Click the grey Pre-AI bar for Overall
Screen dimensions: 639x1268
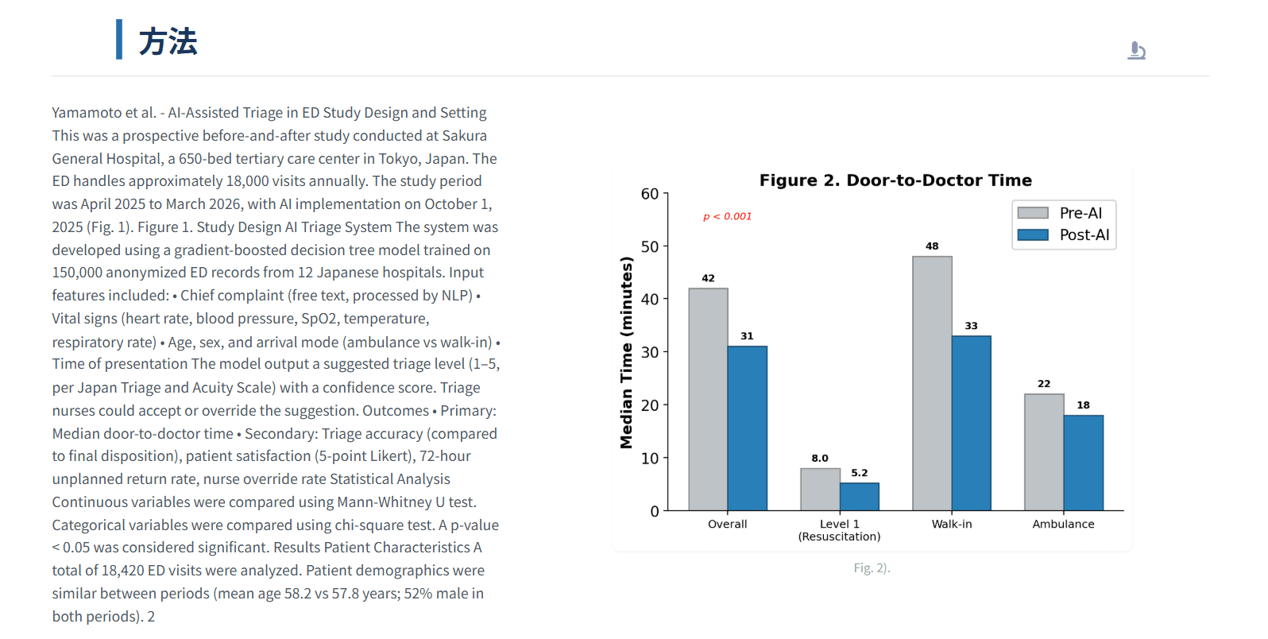click(708, 399)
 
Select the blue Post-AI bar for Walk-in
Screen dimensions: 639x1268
click(971, 423)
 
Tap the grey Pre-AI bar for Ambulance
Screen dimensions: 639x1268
click(1043, 451)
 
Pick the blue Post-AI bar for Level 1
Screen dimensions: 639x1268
click(859, 497)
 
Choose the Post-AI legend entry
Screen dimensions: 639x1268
click(1063, 235)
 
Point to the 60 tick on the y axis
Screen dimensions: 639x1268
click(650, 194)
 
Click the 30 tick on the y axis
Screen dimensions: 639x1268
click(650, 352)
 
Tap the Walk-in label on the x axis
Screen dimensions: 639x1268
click(951, 525)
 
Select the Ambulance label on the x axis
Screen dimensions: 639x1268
click(1063, 525)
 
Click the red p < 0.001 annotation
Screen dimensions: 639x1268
click(727, 216)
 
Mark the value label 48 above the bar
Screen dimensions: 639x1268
click(932, 246)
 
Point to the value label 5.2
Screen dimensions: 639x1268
click(859, 473)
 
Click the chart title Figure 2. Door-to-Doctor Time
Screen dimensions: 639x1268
click(895, 180)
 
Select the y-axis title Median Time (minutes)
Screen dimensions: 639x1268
click(627, 352)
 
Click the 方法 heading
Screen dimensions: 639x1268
click(168, 41)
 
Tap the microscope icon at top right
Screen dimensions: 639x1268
click(1136, 51)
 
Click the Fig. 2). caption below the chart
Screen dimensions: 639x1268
click(872, 568)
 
